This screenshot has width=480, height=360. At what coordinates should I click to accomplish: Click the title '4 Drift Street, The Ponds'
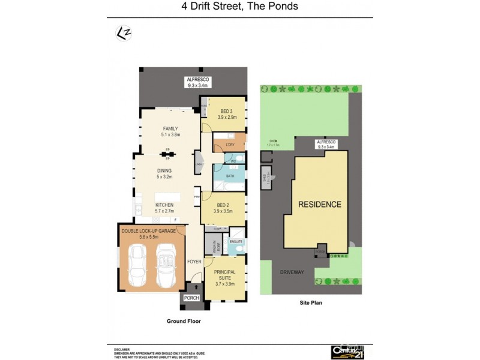pos(240,7)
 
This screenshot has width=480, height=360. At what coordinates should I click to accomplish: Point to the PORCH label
pos(191,298)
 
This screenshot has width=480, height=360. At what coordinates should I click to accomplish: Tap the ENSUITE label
pos(235,241)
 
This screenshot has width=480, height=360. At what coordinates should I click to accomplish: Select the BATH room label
pos(229,176)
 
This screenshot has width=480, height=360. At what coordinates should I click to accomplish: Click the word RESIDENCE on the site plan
pos(320,205)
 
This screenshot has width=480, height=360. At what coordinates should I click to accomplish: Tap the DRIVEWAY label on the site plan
pos(292,272)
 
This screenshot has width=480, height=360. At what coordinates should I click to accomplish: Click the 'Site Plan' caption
pos(311,303)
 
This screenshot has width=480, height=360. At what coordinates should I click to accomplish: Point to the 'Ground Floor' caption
pos(184,322)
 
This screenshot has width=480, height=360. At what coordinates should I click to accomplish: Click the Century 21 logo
pos(347,352)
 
